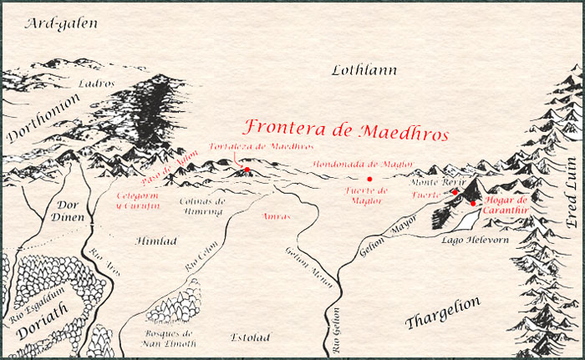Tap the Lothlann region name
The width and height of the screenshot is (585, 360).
click(x=364, y=70)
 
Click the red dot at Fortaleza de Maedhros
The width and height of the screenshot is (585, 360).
click(x=246, y=170)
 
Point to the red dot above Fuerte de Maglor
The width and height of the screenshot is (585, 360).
click(x=369, y=179)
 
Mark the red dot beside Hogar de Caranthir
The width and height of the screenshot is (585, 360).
click(x=473, y=203)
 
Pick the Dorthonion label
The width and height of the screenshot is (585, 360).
click(x=42, y=118)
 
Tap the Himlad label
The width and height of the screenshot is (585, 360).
click(x=154, y=241)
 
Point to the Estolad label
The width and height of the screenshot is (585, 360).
click(x=250, y=337)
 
